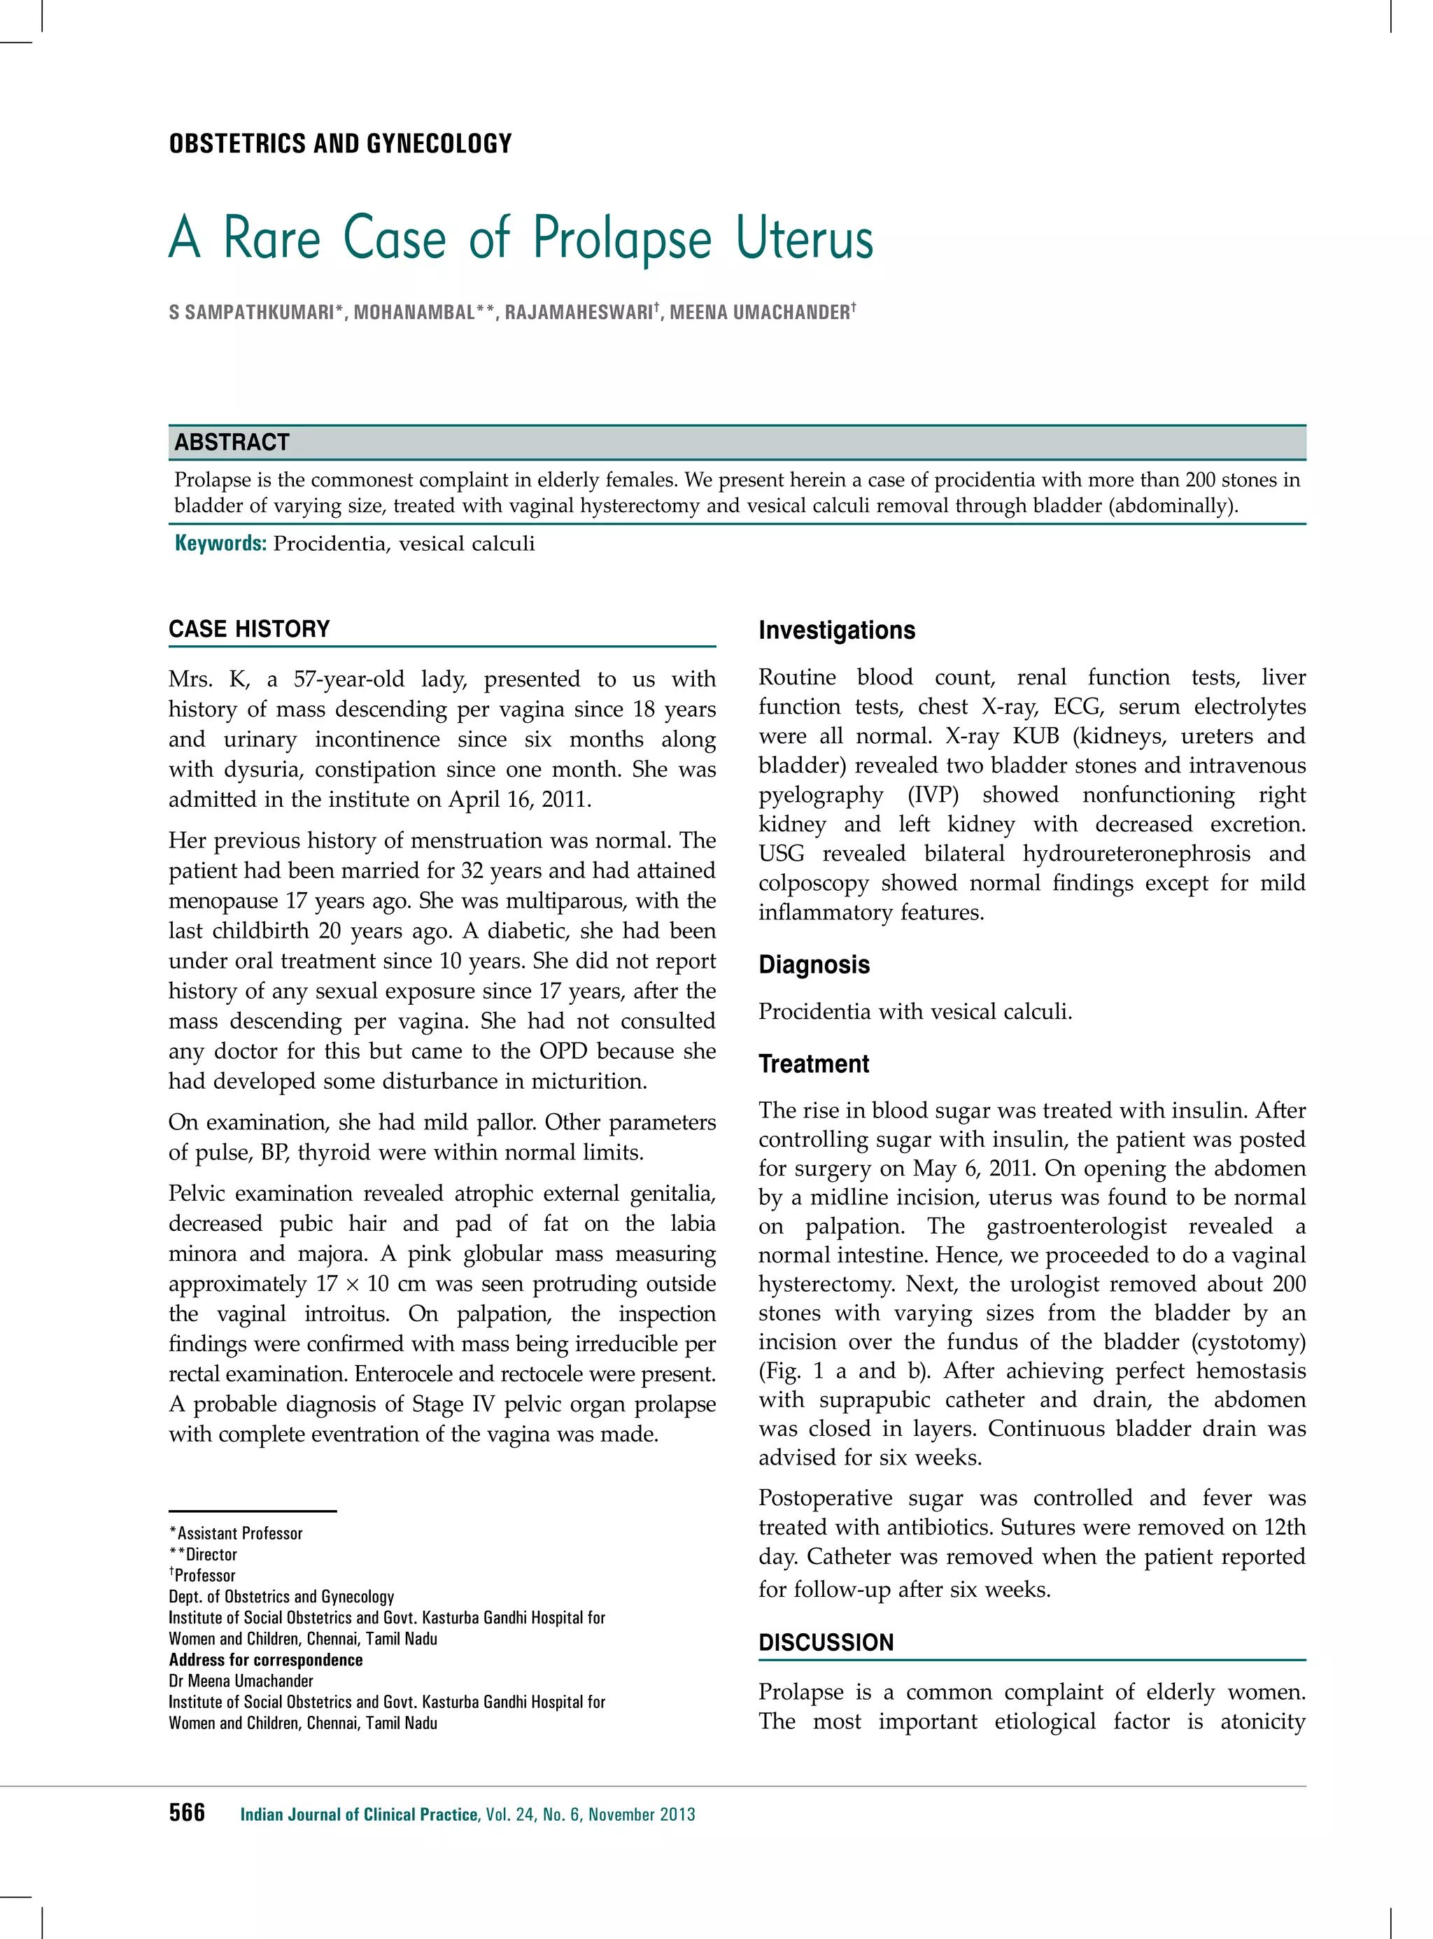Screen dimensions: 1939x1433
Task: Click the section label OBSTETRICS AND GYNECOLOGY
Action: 340,143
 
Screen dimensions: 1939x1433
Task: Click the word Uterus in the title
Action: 804,238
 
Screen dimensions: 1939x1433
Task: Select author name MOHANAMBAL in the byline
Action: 414,312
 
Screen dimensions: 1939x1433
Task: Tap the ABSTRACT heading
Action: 232,442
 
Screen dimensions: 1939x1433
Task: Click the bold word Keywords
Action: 220,544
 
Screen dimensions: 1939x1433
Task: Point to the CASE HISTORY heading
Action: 249,629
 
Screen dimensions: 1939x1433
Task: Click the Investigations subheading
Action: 836,630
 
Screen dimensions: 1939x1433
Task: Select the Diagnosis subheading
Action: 814,965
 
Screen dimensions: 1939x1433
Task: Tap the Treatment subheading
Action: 813,1064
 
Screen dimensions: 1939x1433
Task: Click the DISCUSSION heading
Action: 825,1643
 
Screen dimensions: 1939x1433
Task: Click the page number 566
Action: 187,1812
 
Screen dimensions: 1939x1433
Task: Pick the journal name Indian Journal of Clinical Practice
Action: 358,1814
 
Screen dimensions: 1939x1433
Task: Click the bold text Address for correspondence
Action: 265,1660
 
